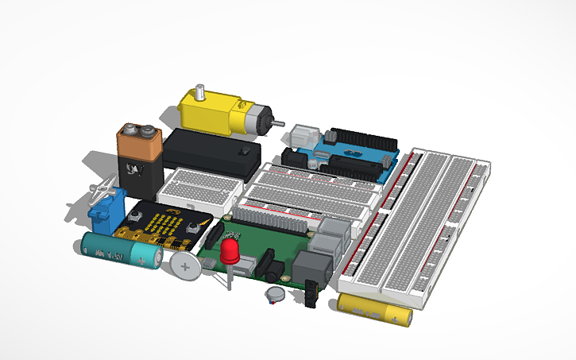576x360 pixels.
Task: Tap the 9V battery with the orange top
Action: (141, 163)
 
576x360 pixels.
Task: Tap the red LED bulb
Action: (231, 253)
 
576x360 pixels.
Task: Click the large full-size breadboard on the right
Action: (421, 226)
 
